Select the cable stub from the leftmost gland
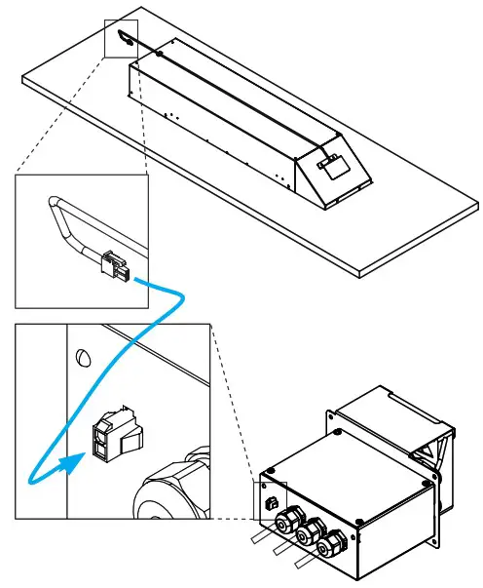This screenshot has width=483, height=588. coord(262,535)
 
